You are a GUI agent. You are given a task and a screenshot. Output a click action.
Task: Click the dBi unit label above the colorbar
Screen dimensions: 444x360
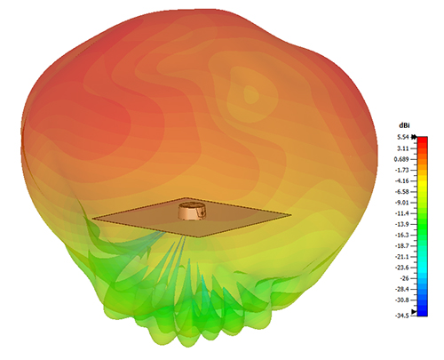pyautogui.click(x=404, y=125)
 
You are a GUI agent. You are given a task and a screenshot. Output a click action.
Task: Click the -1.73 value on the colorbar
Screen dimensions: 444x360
pyautogui.click(x=403, y=170)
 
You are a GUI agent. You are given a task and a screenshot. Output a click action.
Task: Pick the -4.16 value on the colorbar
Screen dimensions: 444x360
pyautogui.click(x=403, y=180)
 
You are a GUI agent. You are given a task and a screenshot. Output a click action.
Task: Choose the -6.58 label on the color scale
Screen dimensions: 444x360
pyautogui.click(x=403, y=192)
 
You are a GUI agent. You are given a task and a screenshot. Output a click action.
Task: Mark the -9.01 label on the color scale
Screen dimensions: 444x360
pyautogui.click(x=403, y=203)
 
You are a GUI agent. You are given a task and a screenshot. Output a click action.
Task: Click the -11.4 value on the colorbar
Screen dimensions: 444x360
pyautogui.click(x=403, y=213)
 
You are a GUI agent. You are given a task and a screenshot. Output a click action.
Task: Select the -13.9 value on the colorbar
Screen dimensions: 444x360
pyautogui.click(x=403, y=224)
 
